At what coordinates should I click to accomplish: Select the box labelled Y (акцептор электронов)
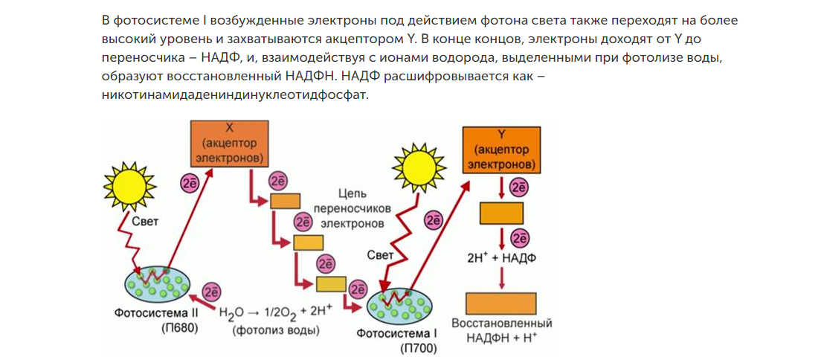pyautogui.click(x=501, y=149)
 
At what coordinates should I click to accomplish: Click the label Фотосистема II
pyautogui.click(x=155, y=313)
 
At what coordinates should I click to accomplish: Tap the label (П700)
pyautogui.click(x=418, y=347)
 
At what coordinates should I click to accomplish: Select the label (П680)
pyautogui.click(x=179, y=328)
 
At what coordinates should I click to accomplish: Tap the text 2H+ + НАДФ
pyautogui.click(x=502, y=257)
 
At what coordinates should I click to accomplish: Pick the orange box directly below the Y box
pyautogui.click(x=502, y=213)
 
